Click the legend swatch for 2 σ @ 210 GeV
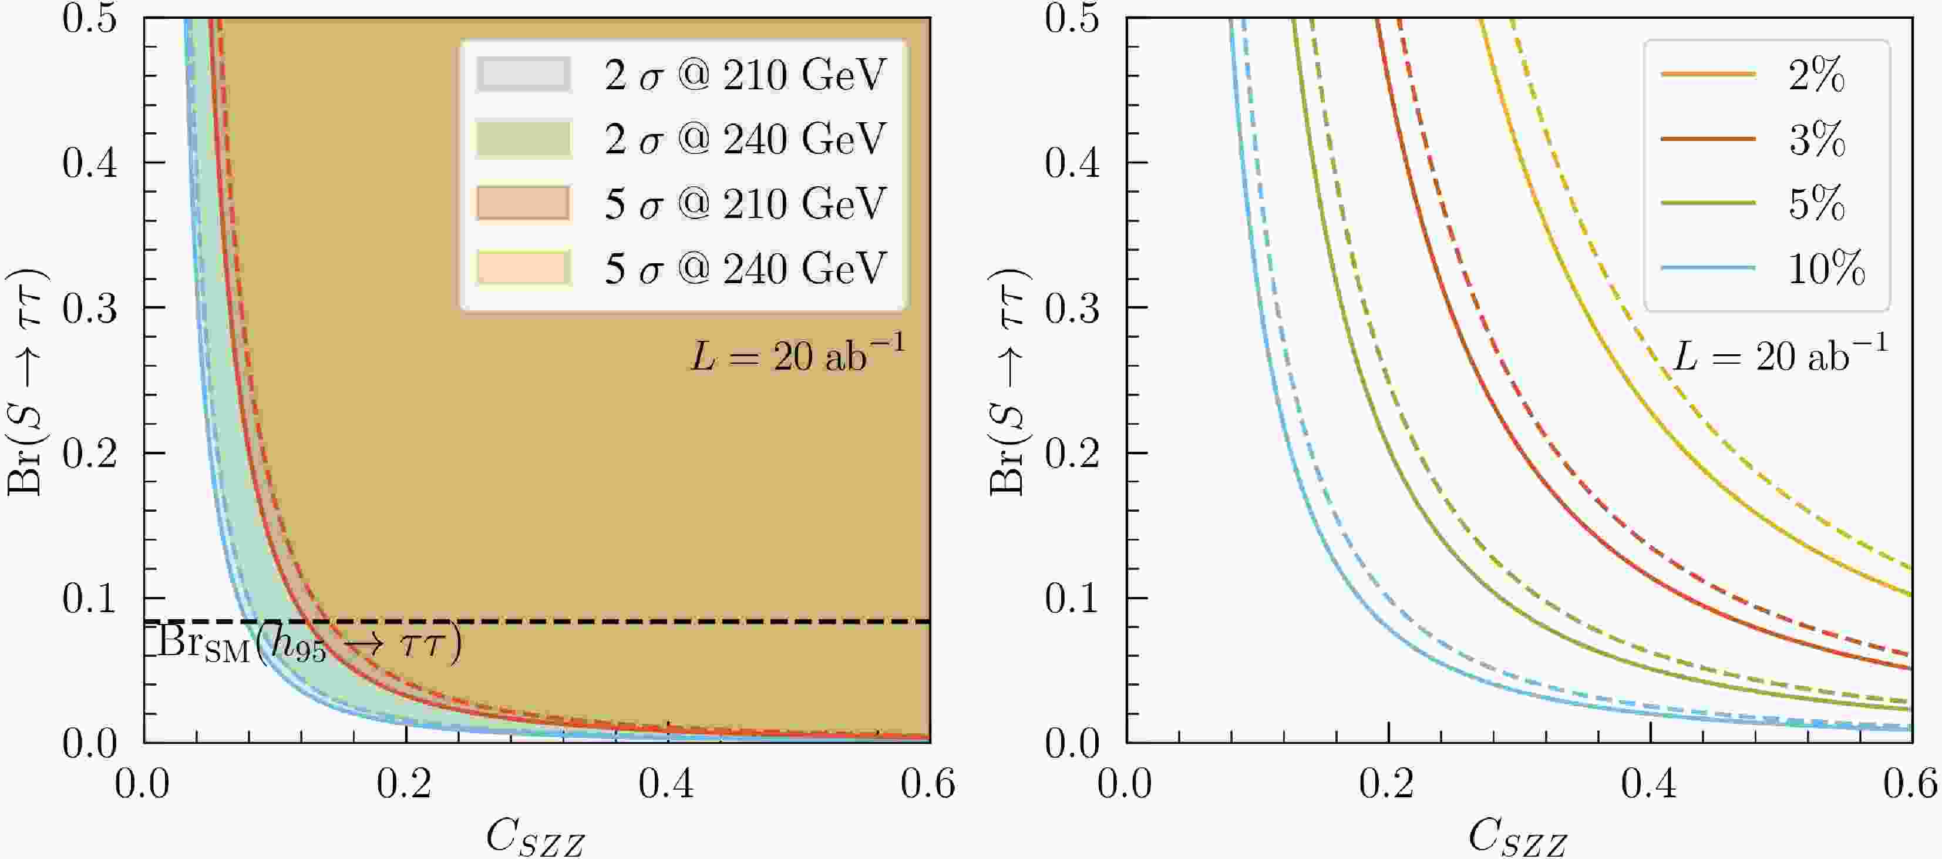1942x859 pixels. tap(523, 75)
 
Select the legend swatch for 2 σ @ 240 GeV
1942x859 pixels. tap(523, 139)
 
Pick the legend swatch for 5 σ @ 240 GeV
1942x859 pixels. tap(523, 268)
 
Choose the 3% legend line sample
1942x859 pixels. tap(1708, 139)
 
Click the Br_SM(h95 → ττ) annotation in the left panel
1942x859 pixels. tap(309, 645)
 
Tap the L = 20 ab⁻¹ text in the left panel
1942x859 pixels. tap(797, 354)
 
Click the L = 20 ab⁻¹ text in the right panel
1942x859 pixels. tap(1781, 354)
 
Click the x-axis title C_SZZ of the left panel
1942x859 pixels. tap(535, 836)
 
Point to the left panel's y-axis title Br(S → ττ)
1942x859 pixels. tap(27, 381)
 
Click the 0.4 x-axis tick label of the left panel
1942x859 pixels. tap(667, 784)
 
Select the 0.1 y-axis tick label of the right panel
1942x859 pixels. tap(1072, 598)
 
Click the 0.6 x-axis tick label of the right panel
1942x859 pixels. tap(1910, 784)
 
